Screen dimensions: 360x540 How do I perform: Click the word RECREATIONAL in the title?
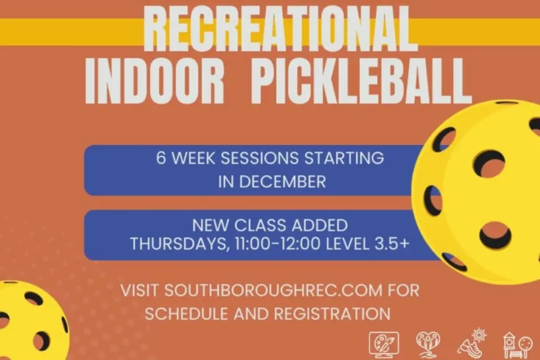(279, 29)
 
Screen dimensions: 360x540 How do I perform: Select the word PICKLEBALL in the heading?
(357, 80)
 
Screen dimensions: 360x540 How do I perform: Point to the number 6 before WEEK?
(161, 158)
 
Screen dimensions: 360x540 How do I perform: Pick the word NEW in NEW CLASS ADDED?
(206, 227)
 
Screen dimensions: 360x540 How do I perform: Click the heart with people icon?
(428, 344)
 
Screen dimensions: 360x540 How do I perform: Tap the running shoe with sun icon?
(472, 344)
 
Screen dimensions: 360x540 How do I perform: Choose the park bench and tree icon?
(516, 344)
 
